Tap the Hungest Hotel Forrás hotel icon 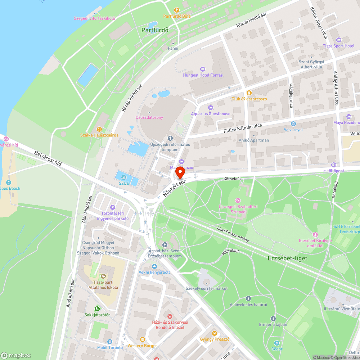coord(202,69)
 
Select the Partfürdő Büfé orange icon coord(176,10)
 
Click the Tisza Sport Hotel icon coord(338,40)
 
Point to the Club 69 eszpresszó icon coord(248,92)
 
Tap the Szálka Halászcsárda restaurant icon coord(99,129)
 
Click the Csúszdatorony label coord(149,117)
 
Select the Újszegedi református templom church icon coord(170,138)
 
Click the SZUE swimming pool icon coord(124,177)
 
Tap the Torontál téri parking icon coord(112,207)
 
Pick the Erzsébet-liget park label coord(287,258)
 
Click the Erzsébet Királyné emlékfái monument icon coord(315,234)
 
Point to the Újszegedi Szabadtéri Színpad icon coord(237,200)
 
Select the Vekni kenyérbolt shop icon coord(154,266)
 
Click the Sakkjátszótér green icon coord(97,309)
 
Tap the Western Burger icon coord(142,339)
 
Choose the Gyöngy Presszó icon coord(215,333)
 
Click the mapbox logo coord(16,355)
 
